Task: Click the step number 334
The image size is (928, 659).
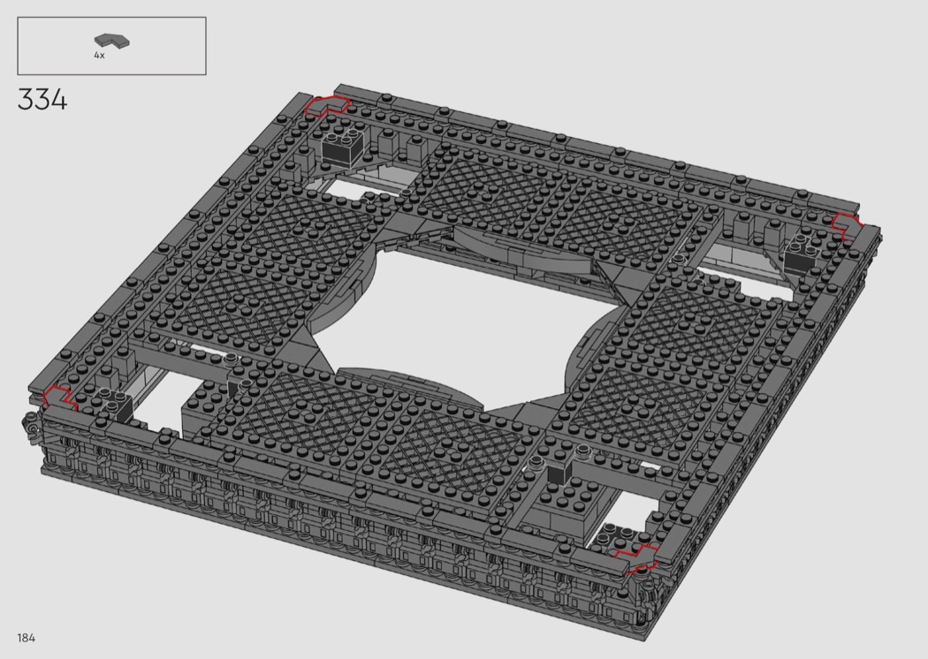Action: pos(42,100)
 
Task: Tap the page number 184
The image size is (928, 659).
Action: pos(26,638)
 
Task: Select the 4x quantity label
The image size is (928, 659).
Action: pos(99,55)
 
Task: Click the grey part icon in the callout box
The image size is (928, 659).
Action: pos(112,41)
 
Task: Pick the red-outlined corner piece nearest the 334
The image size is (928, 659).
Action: pos(327,106)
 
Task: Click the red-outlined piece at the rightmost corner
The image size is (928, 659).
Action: pos(848,226)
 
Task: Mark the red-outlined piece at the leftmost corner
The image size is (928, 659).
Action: pos(59,398)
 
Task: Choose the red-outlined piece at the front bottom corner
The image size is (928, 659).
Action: pos(638,557)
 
